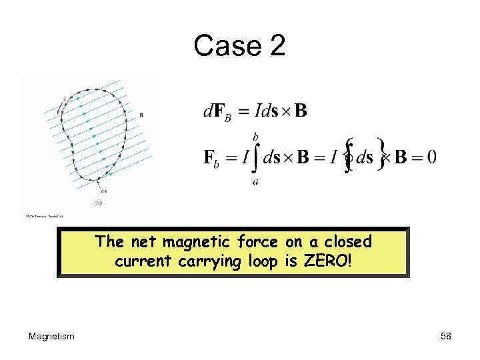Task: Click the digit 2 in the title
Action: (x=275, y=46)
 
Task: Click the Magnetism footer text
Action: (x=51, y=336)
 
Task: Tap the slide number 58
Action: (x=446, y=336)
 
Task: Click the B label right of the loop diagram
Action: (x=141, y=115)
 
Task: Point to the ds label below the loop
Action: (x=103, y=191)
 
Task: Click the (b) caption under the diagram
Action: (x=97, y=202)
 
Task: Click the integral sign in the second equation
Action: (x=255, y=157)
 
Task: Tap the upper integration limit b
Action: (x=255, y=136)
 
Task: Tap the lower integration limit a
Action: (x=255, y=181)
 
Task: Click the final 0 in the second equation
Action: (x=432, y=157)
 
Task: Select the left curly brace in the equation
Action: (x=347, y=156)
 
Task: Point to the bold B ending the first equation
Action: (x=301, y=110)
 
